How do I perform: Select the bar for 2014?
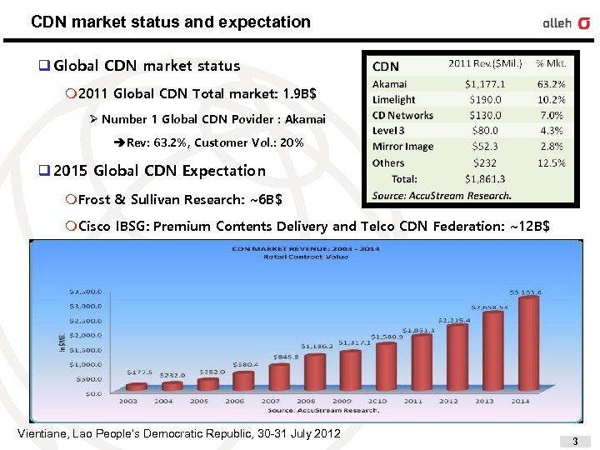(x=528, y=343)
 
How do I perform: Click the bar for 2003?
(x=136, y=387)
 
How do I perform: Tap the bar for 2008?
(x=314, y=372)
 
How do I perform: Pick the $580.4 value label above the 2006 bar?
(x=246, y=363)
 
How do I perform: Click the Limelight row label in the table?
(x=393, y=99)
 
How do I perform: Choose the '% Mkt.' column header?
(x=551, y=63)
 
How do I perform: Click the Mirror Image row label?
(x=402, y=147)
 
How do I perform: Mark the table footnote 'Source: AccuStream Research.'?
(x=442, y=195)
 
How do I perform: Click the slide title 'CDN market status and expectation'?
(x=170, y=22)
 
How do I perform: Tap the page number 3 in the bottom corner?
(x=574, y=439)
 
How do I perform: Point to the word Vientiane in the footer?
(x=42, y=433)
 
